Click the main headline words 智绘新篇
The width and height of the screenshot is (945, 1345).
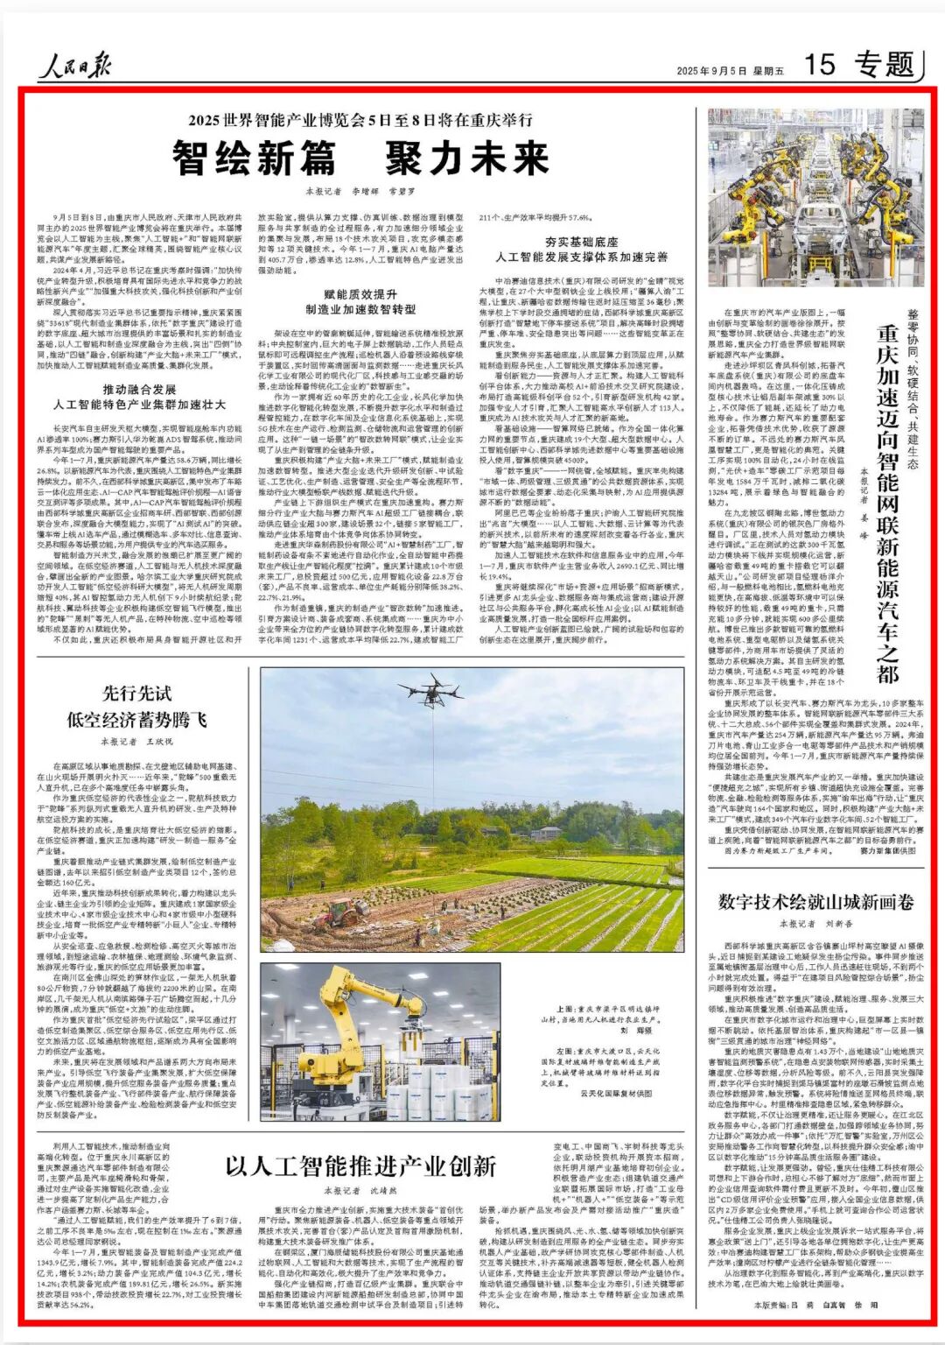point(254,158)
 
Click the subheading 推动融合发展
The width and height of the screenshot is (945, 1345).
point(139,389)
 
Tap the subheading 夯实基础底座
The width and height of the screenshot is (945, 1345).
point(582,242)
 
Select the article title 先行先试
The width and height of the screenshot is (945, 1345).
point(137,694)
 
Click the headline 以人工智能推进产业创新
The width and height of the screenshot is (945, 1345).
point(360,1166)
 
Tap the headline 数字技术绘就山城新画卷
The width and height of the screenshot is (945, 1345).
point(815,902)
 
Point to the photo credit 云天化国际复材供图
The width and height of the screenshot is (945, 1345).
point(616,1094)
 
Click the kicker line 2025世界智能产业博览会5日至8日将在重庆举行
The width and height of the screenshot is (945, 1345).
point(365,120)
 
